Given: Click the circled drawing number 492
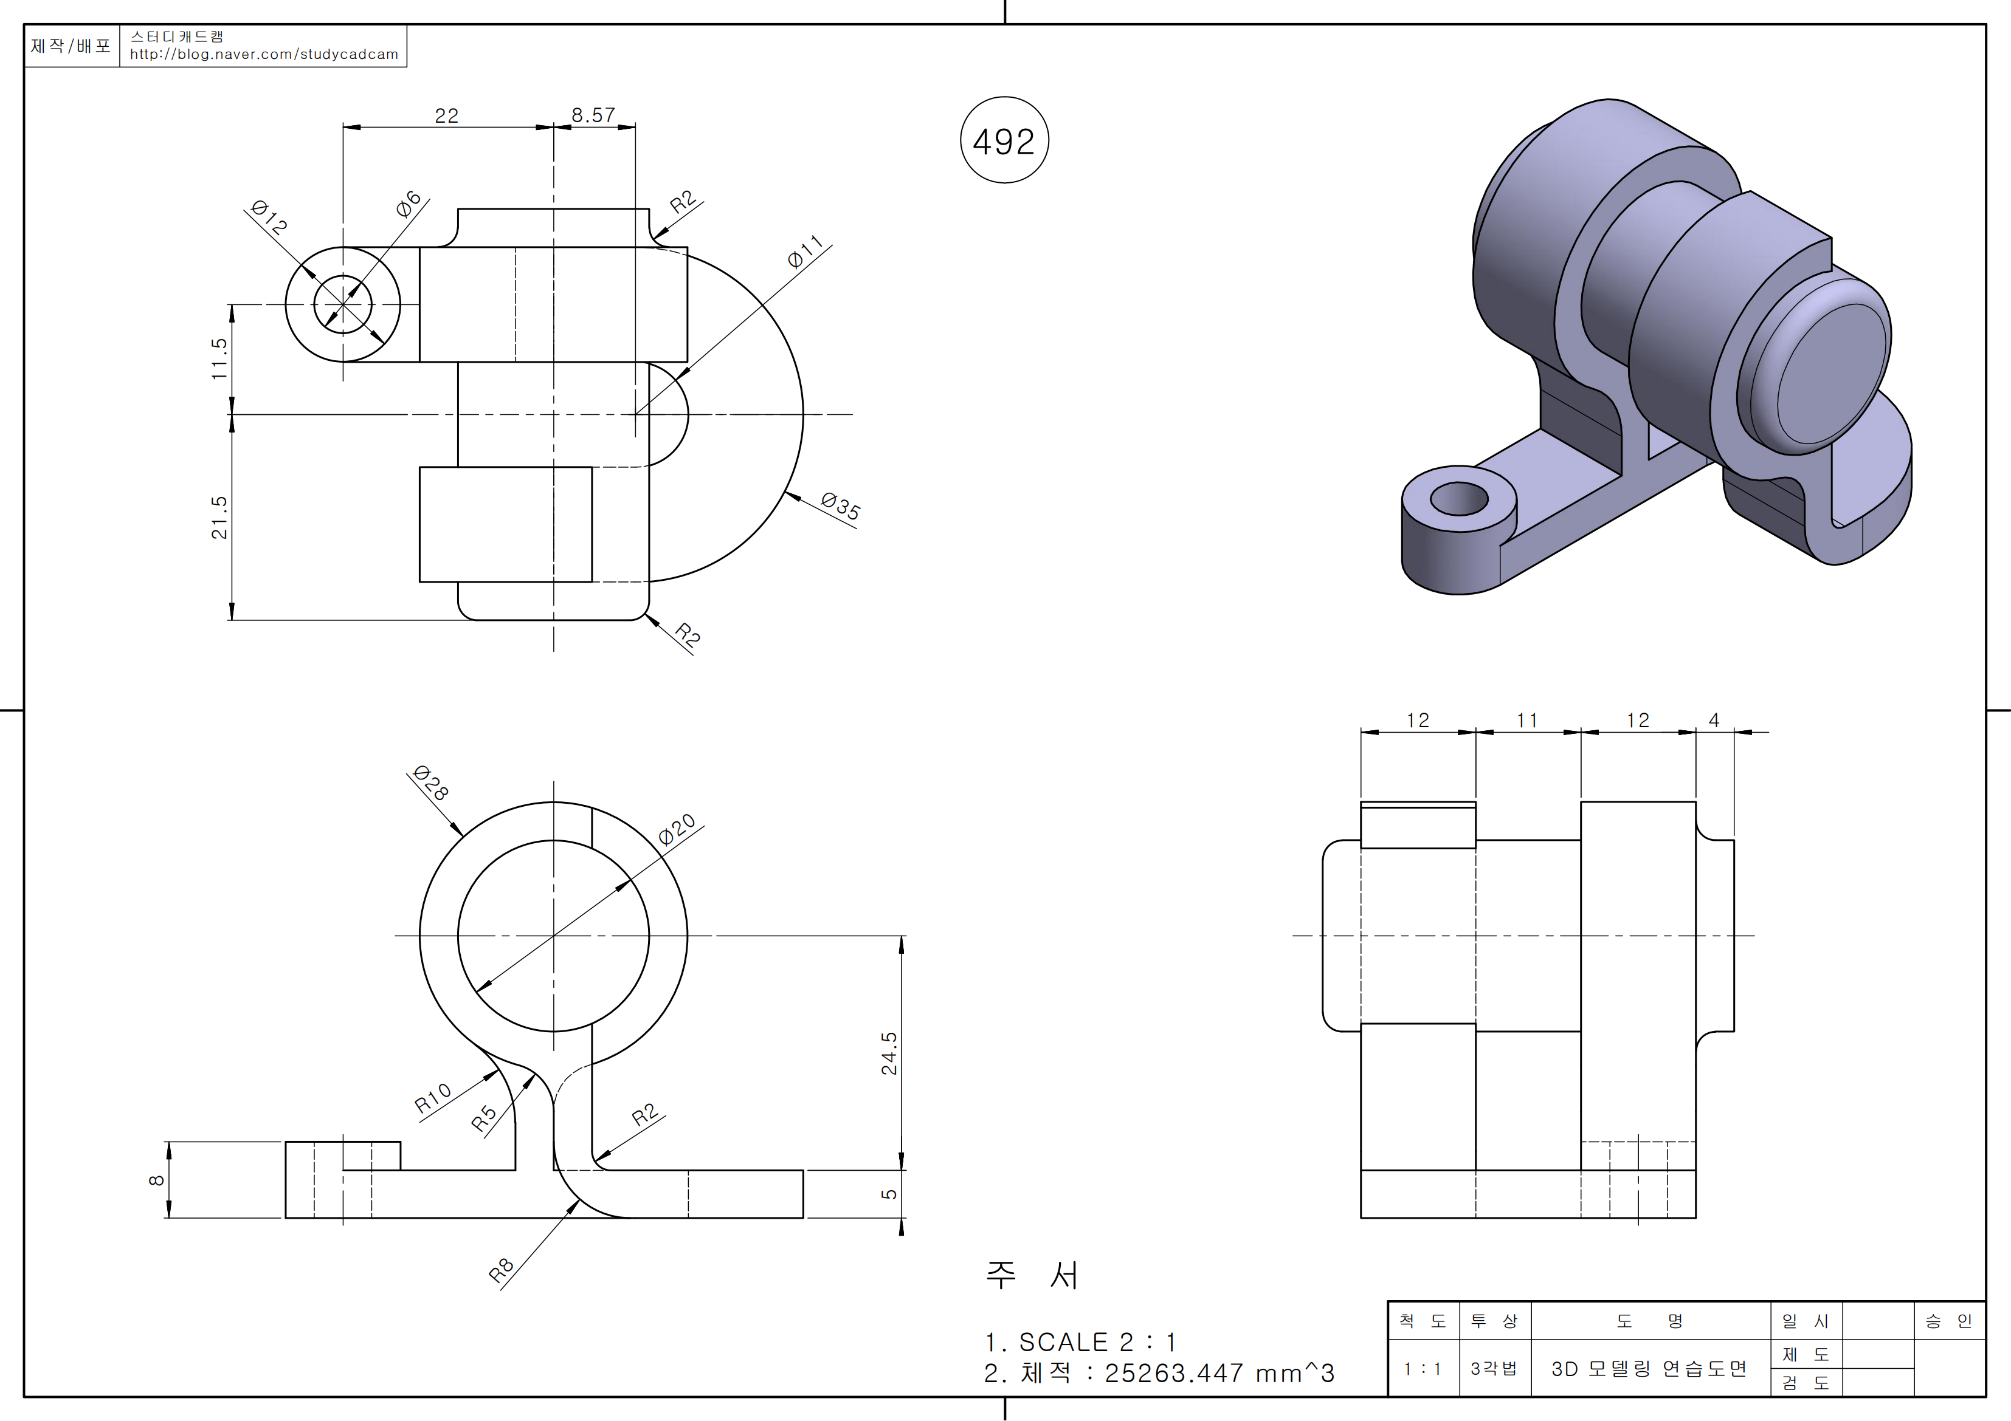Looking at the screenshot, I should [1004, 141].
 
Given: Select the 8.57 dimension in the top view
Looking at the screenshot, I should [593, 115].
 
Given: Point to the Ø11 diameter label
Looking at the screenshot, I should [804, 252].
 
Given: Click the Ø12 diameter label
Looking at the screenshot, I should [268, 217].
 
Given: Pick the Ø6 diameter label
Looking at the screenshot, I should [408, 204].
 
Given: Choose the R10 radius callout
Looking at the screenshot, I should [433, 1097].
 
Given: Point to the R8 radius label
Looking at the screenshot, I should [500, 1270].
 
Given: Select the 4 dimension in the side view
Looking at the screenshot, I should [1714, 720].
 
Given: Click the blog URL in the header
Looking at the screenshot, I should [264, 54].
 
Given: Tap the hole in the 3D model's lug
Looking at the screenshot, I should [1458, 499].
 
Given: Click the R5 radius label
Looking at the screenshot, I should [483, 1118].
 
